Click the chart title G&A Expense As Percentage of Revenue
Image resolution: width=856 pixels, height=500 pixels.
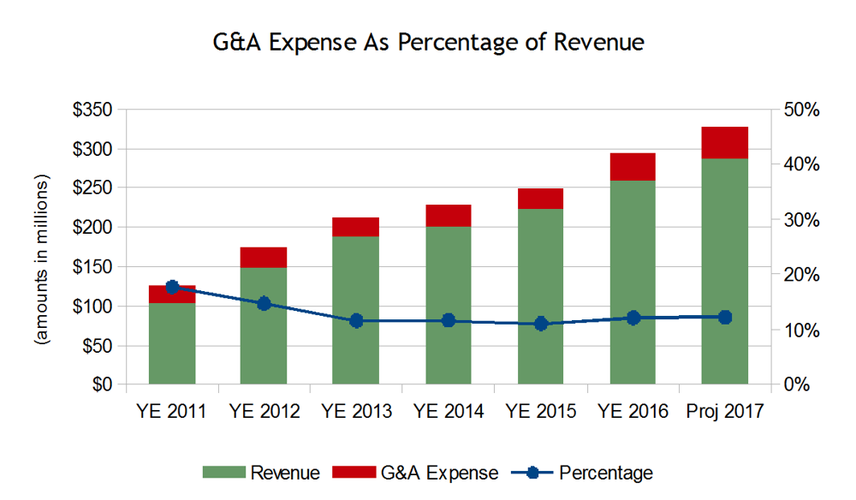coord(428,42)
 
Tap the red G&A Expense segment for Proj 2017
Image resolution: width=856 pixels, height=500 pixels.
coord(725,142)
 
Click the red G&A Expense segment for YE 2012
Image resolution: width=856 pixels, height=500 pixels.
coord(264,257)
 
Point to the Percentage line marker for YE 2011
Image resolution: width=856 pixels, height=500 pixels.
coord(172,287)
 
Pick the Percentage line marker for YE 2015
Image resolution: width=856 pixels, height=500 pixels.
coord(541,324)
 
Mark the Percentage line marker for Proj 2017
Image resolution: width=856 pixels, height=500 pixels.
coord(725,317)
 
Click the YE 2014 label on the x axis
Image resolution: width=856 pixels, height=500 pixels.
coord(448,412)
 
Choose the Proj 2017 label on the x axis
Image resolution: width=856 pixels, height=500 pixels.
coord(725,412)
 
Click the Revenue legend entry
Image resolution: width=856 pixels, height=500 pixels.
coord(261,473)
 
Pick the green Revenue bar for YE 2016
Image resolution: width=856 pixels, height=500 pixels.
coord(633,283)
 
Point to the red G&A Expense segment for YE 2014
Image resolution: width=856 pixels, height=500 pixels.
coord(448,216)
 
